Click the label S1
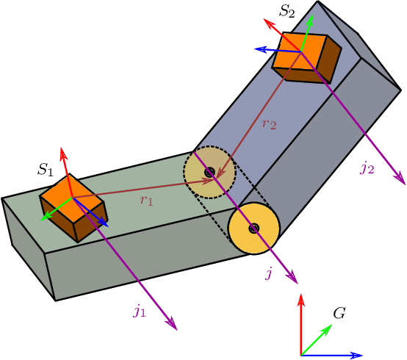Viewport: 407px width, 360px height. pos(46,170)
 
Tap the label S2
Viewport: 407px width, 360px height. pos(287,12)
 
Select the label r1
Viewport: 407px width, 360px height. pos(146,200)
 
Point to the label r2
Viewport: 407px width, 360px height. pos(269,123)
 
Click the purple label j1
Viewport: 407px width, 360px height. pos(140,311)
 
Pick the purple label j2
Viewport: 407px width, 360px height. pos(367,168)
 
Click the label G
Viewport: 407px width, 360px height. pos(339,313)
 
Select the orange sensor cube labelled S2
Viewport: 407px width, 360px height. pos(306,54)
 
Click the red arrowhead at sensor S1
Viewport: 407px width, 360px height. pos(63,153)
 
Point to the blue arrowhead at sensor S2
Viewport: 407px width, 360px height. pos(259,49)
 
